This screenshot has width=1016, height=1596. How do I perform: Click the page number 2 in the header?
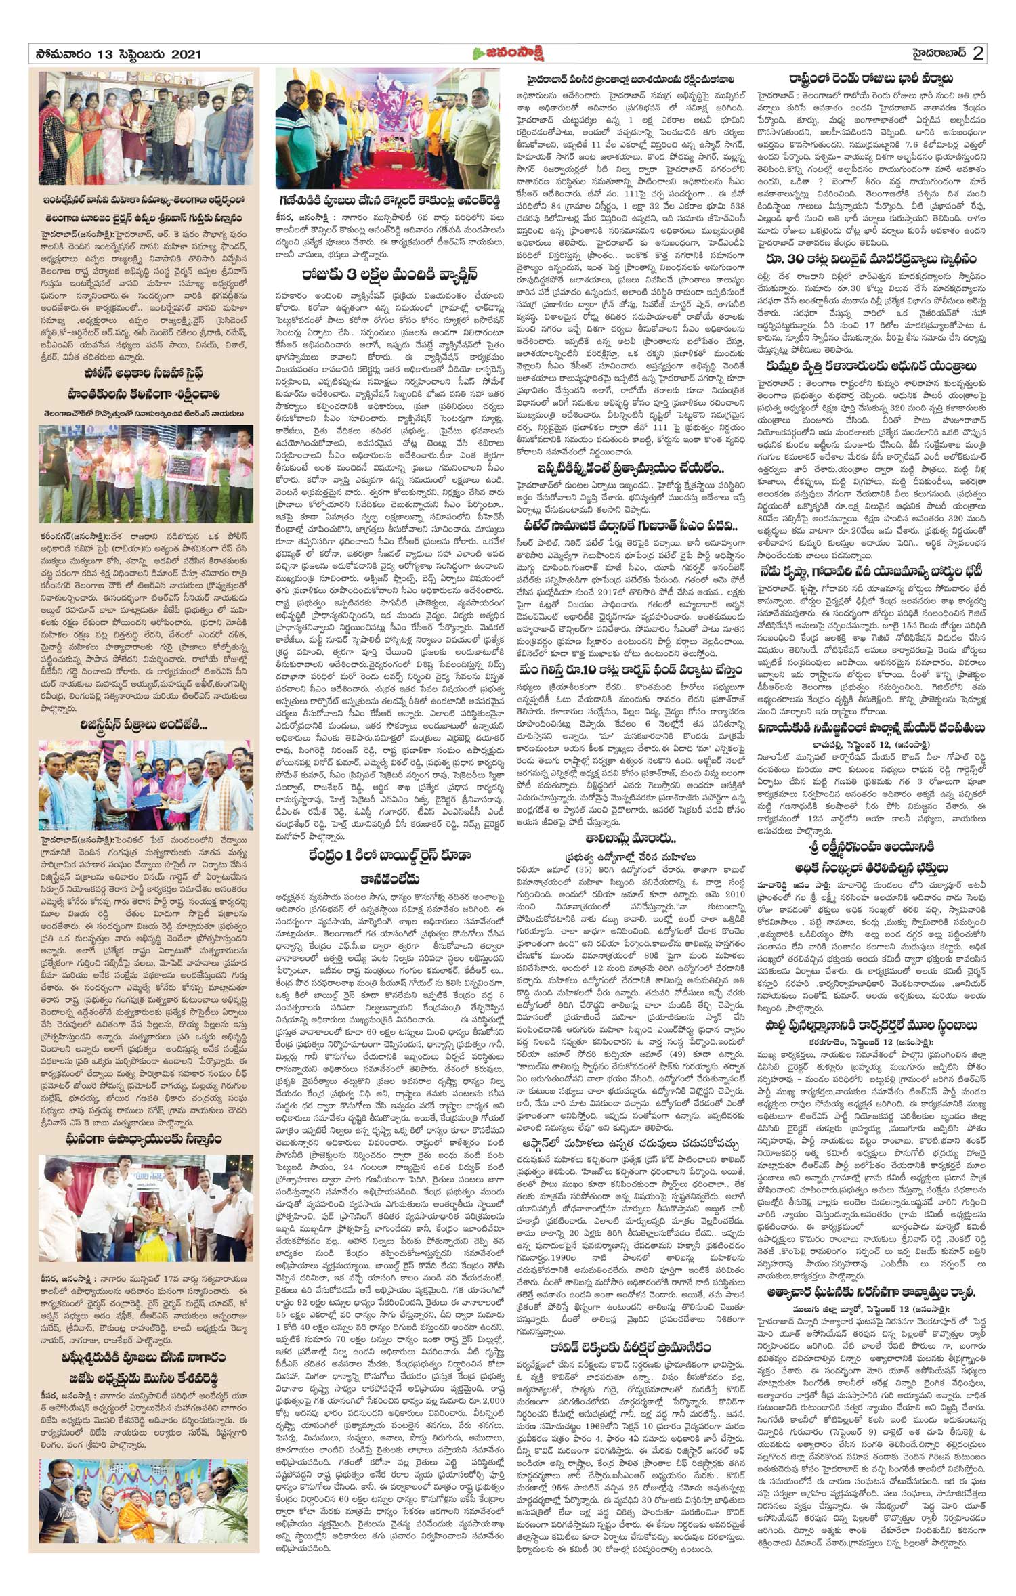click(977, 53)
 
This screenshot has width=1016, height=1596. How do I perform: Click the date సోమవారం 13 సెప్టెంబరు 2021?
click(116, 54)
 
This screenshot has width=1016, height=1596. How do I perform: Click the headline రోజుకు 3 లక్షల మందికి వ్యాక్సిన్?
click(390, 274)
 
